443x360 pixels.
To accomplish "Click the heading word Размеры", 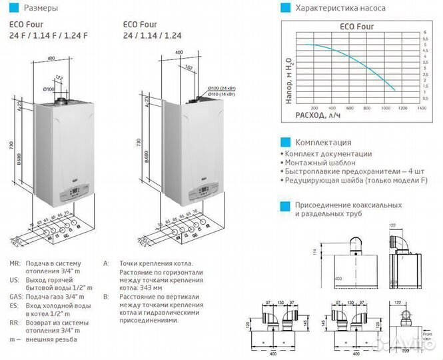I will point(40,9).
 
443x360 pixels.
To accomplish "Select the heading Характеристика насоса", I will point(337,9).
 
